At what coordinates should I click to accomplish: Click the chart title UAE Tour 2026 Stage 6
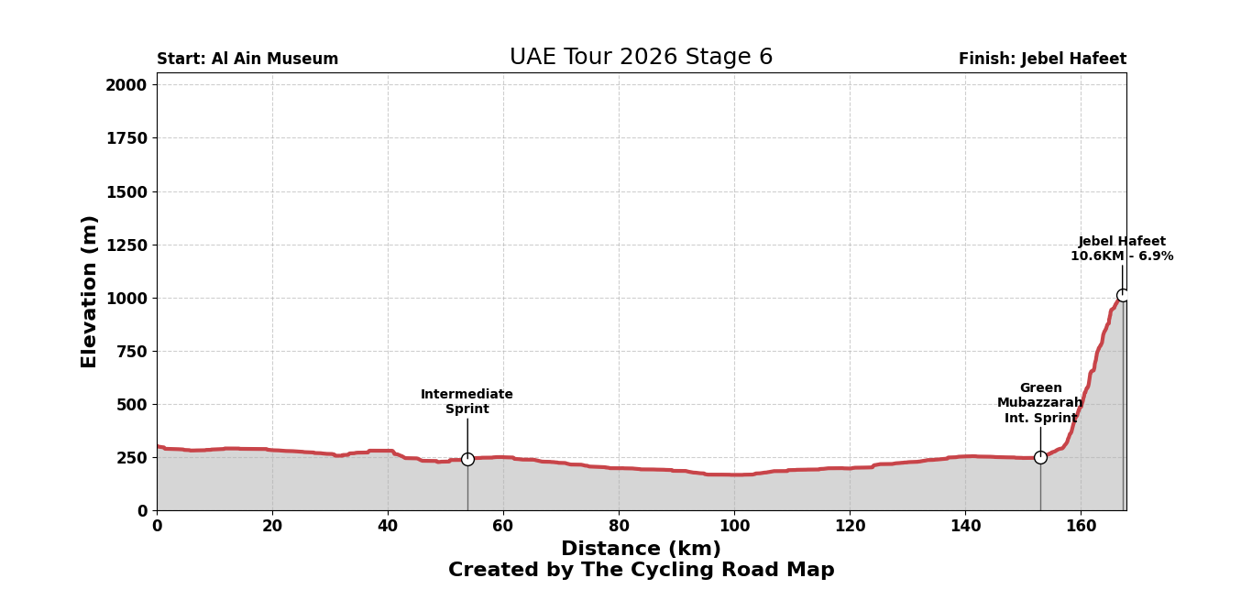click(x=641, y=58)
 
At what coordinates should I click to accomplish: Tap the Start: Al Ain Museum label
click(x=247, y=60)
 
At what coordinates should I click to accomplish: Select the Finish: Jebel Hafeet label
click(x=1042, y=60)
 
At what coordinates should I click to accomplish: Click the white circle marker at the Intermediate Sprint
click(x=467, y=459)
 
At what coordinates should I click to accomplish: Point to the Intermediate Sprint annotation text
click(x=467, y=402)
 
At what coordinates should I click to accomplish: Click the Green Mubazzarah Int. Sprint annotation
click(x=1040, y=403)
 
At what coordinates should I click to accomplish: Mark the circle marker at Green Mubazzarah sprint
click(x=1040, y=457)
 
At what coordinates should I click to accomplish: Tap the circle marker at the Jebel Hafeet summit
click(x=1123, y=295)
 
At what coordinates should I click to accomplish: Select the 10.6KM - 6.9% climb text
click(x=1122, y=256)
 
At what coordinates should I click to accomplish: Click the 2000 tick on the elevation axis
click(x=126, y=85)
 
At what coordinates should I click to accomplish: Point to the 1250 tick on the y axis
click(x=126, y=245)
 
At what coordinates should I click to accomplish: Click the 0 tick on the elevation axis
click(x=142, y=511)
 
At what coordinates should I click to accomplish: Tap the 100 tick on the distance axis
click(x=733, y=527)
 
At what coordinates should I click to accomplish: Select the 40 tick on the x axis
click(x=388, y=527)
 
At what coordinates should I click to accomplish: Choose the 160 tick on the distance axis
click(x=1080, y=527)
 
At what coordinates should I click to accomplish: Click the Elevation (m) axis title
click(x=90, y=291)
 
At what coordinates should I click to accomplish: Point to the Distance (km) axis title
click(x=641, y=550)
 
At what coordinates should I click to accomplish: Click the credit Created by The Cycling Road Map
click(x=641, y=571)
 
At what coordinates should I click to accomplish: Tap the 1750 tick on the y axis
click(x=126, y=138)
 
